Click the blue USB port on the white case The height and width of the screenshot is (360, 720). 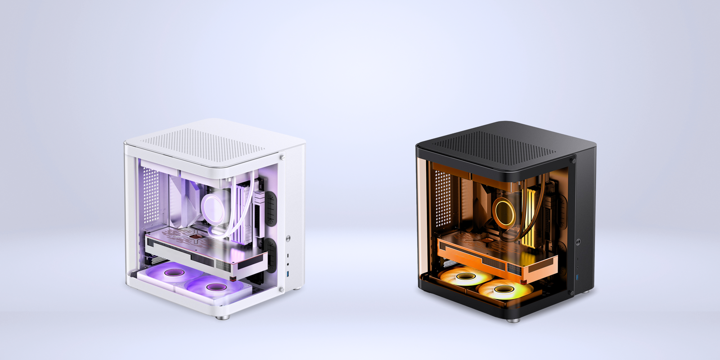click(288, 274)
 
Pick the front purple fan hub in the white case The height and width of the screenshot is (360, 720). click(212, 286)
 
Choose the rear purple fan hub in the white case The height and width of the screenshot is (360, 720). click(171, 273)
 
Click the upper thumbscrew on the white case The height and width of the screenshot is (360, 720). click(282, 157)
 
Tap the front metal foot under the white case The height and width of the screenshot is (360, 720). click(222, 316)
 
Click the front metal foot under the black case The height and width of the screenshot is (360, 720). click(513, 320)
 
